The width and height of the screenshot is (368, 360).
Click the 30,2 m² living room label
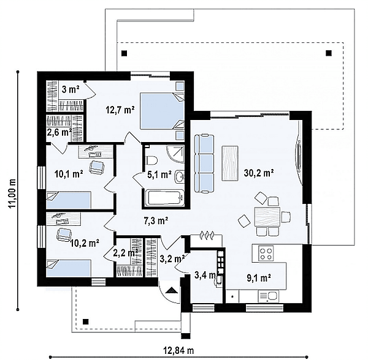(x=259, y=173)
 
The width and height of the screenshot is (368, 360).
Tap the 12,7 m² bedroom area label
(x=120, y=110)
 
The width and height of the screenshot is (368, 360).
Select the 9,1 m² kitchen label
(x=259, y=277)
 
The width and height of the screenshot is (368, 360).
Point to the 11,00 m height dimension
(x=12, y=193)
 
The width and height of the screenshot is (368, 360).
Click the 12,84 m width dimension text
(x=178, y=350)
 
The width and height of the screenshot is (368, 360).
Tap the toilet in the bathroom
(x=151, y=160)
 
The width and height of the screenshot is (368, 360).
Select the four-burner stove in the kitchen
(x=267, y=253)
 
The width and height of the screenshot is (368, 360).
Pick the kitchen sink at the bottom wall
(x=269, y=296)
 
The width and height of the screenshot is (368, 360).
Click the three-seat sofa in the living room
(x=204, y=163)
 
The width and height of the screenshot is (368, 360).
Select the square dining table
(x=267, y=216)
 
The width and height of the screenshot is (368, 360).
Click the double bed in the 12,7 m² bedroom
(x=162, y=111)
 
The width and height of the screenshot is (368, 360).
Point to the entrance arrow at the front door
(x=172, y=290)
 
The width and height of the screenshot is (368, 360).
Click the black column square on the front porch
(x=86, y=321)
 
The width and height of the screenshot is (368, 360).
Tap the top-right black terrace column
(x=329, y=53)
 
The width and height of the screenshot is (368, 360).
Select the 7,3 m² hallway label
(x=156, y=220)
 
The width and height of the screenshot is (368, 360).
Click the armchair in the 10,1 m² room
(x=96, y=167)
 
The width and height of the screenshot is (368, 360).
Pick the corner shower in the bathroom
(x=176, y=154)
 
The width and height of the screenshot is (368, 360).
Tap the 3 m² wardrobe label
(x=71, y=89)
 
